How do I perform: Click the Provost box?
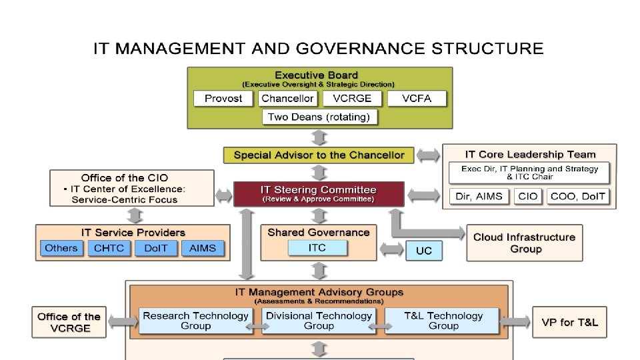coord(223,99)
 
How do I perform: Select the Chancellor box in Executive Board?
coord(287,99)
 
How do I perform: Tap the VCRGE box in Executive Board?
coord(352,99)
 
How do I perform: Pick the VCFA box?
coord(417,99)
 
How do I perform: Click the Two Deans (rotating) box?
coord(319,117)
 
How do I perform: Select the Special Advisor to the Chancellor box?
coord(319,155)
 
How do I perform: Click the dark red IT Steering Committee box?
coord(319,193)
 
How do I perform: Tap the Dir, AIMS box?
coord(479,197)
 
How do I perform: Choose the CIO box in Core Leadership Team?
coord(527,197)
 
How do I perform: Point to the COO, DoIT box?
coord(577,197)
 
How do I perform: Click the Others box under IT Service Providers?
coord(61,248)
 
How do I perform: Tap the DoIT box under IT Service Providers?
coord(155,248)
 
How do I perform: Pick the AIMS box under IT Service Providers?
coord(203,248)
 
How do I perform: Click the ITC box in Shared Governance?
coord(317,248)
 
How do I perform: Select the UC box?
coord(424,251)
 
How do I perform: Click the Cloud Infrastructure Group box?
coord(524,243)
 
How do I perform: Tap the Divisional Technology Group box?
coord(319,321)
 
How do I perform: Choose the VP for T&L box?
coord(570,323)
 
